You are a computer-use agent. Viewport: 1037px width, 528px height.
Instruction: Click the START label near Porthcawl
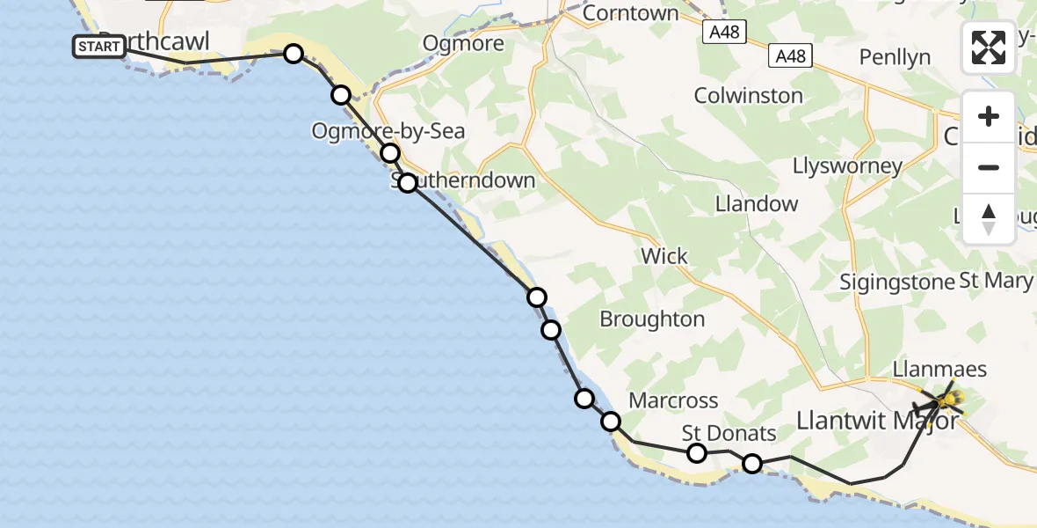98,47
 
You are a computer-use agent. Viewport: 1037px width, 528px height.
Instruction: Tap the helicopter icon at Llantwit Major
946,401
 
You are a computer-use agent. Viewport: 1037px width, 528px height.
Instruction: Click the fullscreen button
989,47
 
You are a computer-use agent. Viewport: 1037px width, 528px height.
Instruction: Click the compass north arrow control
989,219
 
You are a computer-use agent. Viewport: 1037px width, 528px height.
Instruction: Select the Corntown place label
630,13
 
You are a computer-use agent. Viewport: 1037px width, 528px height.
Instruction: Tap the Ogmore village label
463,43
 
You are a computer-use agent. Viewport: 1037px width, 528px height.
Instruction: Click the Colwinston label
748,95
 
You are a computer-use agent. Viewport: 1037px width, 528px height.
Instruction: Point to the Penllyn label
895,58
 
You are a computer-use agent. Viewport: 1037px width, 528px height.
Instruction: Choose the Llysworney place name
847,165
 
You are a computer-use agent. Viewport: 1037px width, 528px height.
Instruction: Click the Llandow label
756,203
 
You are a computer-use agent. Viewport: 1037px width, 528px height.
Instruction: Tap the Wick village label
664,256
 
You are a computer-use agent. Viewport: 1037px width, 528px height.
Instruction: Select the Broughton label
652,319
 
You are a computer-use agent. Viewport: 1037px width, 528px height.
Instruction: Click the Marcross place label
673,400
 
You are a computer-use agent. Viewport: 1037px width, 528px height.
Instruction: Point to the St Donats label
729,433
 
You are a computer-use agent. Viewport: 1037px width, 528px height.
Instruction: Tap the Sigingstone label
896,282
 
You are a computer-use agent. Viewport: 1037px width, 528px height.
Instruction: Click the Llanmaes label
939,370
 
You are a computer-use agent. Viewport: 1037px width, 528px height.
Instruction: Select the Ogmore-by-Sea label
388,131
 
